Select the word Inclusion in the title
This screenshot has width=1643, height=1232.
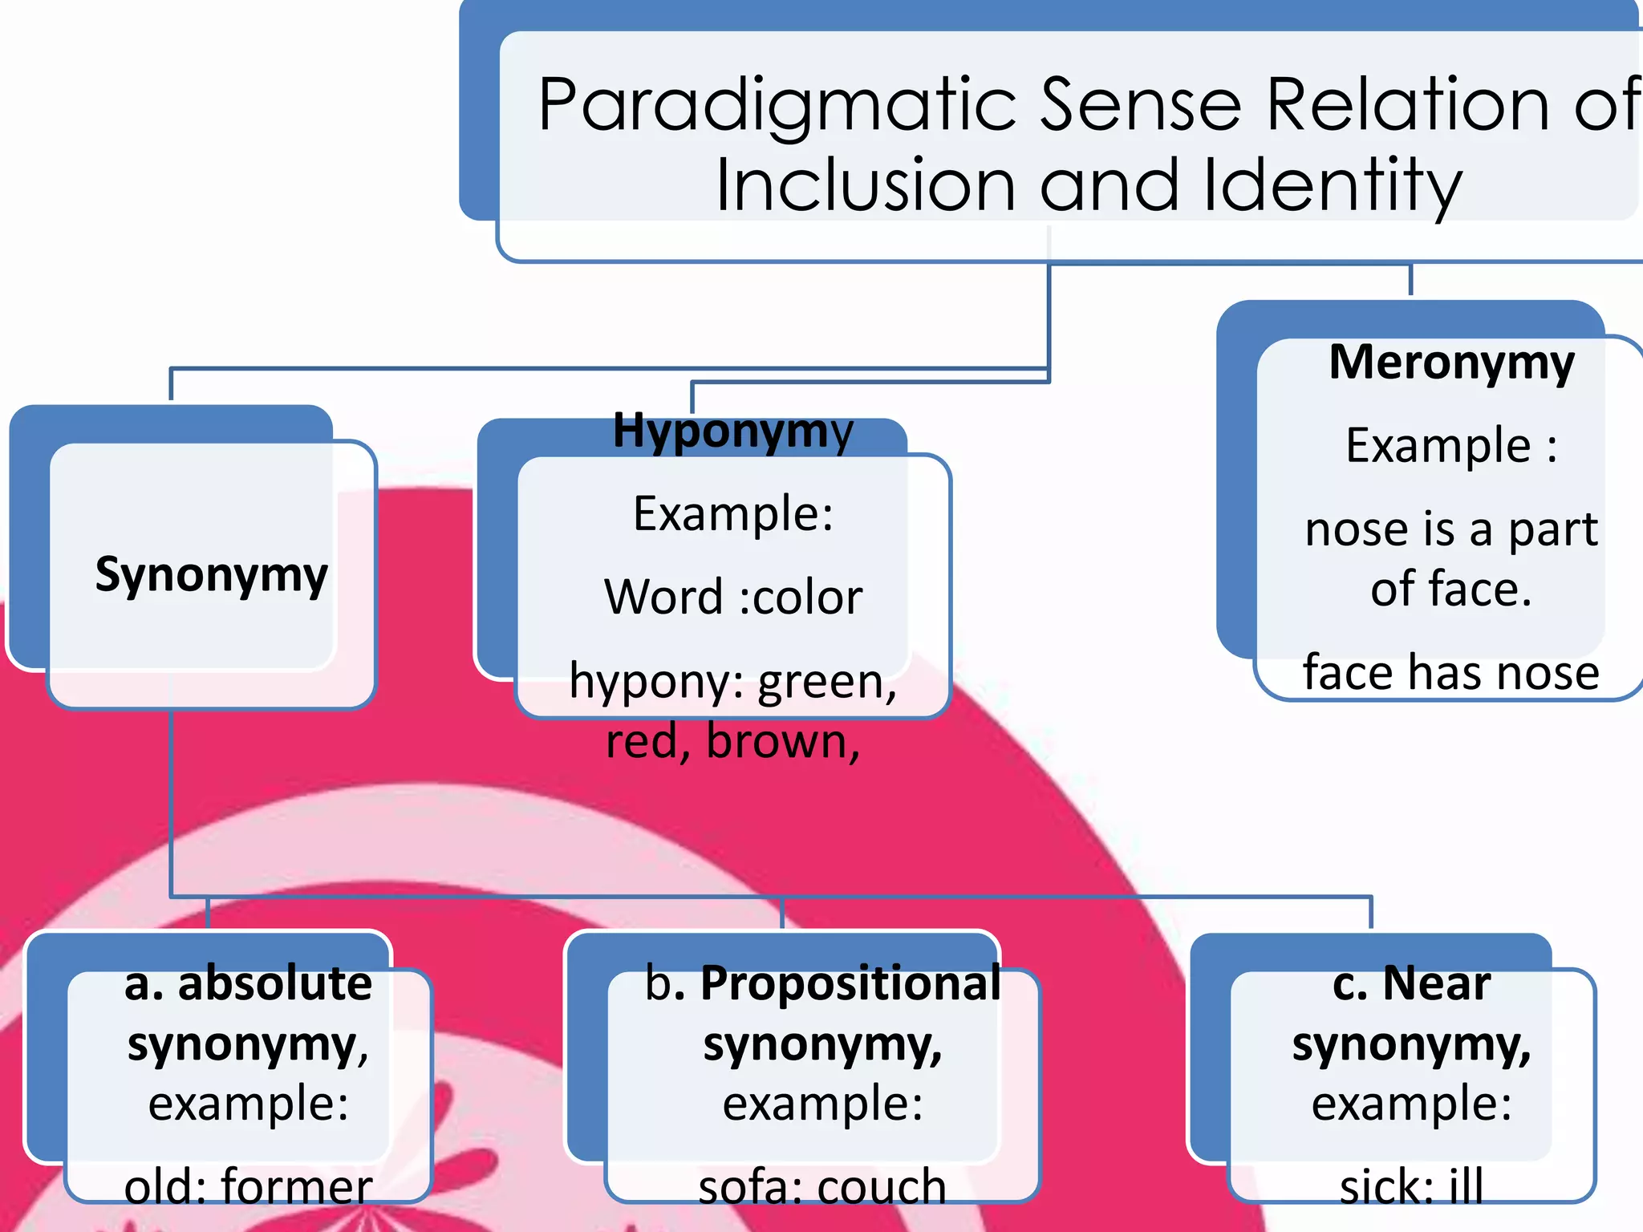[865, 186]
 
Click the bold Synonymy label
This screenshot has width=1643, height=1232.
[211, 575]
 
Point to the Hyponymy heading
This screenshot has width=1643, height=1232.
[732, 432]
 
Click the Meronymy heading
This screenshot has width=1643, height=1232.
[1451, 363]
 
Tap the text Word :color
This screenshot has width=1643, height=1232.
[732, 598]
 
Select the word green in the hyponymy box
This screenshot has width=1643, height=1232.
[826, 682]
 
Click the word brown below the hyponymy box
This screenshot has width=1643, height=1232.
[782, 742]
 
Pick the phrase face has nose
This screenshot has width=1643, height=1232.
[1450, 672]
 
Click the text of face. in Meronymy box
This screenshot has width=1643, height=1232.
[1450, 590]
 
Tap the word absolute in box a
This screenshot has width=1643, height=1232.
[274, 983]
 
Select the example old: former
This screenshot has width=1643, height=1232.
[248, 1185]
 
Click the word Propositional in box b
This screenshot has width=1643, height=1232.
[850, 983]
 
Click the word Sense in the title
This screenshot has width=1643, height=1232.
[1141, 106]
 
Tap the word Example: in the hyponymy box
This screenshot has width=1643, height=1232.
[732, 514]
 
